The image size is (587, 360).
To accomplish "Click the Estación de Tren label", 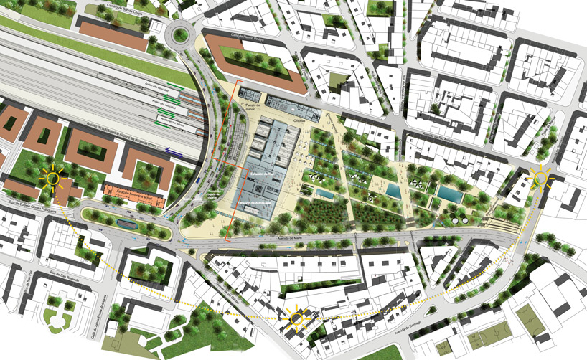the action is point(263,174).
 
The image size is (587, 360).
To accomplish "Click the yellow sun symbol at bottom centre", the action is point(296,315).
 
